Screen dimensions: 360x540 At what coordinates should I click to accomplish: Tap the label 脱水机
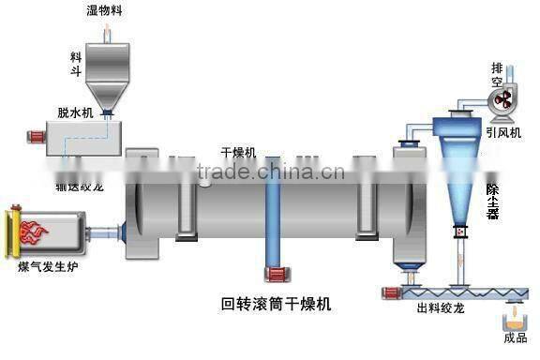[x=76, y=112]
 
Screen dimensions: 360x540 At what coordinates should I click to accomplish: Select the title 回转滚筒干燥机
[x=276, y=304]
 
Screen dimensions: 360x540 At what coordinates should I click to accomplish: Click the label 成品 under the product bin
[x=515, y=338]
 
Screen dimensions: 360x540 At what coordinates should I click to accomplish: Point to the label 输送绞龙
[x=83, y=185]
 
